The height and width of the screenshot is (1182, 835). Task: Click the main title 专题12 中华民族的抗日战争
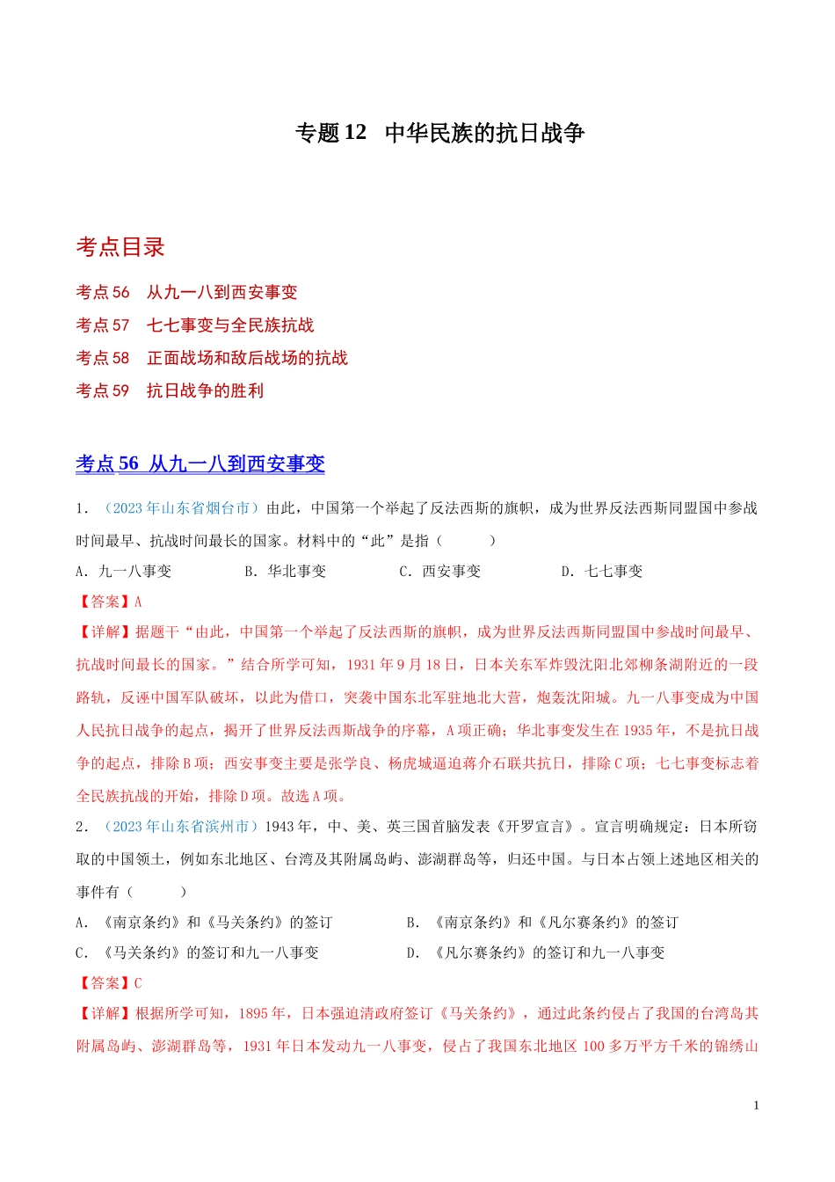[439, 133]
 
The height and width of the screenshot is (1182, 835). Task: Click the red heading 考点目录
[120, 247]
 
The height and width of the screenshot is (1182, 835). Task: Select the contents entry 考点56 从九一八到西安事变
[186, 292]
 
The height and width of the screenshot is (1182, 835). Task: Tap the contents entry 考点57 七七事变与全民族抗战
[194, 325]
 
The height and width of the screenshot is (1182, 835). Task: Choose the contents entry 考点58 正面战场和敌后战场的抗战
[211, 358]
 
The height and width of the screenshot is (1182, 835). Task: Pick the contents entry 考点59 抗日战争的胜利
[170, 390]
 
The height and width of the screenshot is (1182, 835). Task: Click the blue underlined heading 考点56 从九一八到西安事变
[200, 463]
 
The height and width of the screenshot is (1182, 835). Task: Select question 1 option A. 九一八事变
[124, 572]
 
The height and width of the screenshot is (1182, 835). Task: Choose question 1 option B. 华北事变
[286, 572]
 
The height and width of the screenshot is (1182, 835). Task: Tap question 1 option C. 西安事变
[440, 572]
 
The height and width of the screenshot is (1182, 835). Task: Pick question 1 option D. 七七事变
[602, 572]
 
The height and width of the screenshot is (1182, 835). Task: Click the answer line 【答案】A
[109, 602]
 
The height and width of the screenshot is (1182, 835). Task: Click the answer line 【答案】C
[109, 983]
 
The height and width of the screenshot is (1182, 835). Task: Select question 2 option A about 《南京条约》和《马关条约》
[205, 923]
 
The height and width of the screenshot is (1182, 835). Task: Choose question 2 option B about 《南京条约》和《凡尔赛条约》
[542, 923]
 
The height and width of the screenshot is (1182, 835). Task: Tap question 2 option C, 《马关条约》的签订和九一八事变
[198, 953]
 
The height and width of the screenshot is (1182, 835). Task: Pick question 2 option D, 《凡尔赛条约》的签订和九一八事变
[535, 953]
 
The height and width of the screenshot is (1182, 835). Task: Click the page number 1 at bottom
[756, 1105]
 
